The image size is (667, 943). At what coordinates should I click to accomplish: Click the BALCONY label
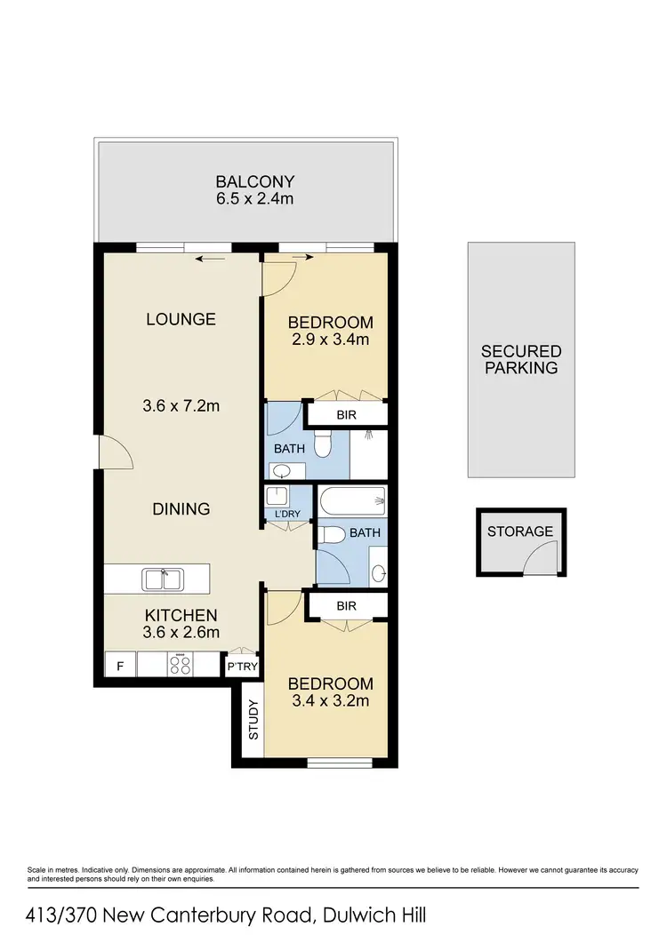pyautogui.click(x=253, y=181)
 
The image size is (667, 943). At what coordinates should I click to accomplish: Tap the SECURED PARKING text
pyautogui.click(x=521, y=359)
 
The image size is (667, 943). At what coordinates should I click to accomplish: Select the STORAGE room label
pyautogui.click(x=520, y=531)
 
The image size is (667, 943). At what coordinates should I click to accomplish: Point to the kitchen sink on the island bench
pyautogui.click(x=162, y=579)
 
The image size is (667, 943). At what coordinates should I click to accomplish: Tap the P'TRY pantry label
pyautogui.click(x=242, y=666)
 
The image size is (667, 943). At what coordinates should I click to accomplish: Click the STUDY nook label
pyautogui.click(x=253, y=721)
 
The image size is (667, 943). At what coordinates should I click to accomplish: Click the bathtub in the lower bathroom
pyautogui.click(x=352, y=502)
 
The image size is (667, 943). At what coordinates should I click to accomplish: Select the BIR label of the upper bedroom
pyautogui.click(x=347, y=414)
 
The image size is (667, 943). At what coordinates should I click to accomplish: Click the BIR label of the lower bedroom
pyautogui.click(x=347, y=607)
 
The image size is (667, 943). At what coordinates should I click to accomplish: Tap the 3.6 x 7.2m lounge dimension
pyautogui.click(x=181, y=406)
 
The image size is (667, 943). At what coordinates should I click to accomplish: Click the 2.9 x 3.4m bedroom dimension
pyautogui.click(x=330, y=339)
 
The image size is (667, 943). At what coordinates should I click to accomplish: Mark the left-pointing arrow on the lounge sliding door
pyautogui.click(x=210, y=259)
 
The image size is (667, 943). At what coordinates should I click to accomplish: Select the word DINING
pyautogui.click(x=181, y=509)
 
